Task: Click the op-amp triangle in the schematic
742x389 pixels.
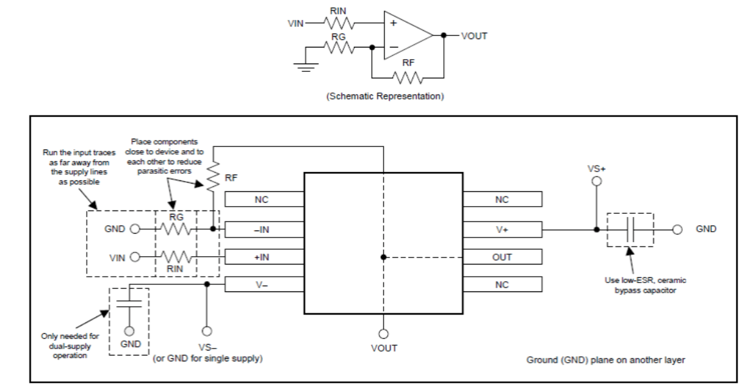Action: tap(405, 35)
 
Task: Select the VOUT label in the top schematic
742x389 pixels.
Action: tap(474, 36)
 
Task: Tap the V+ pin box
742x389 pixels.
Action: tap(502, 228)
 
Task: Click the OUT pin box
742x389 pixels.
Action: tap(502, 256)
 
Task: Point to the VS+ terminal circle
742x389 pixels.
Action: tap(597, 182)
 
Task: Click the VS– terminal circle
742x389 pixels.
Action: tap(207, 332)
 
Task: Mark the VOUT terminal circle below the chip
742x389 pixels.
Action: tap(384, 333)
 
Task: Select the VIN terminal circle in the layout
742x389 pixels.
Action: tap(135, 257)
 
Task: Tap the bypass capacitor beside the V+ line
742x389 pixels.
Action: tap(630, 229)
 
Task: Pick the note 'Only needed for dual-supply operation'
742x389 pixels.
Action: tap(70, 345)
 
